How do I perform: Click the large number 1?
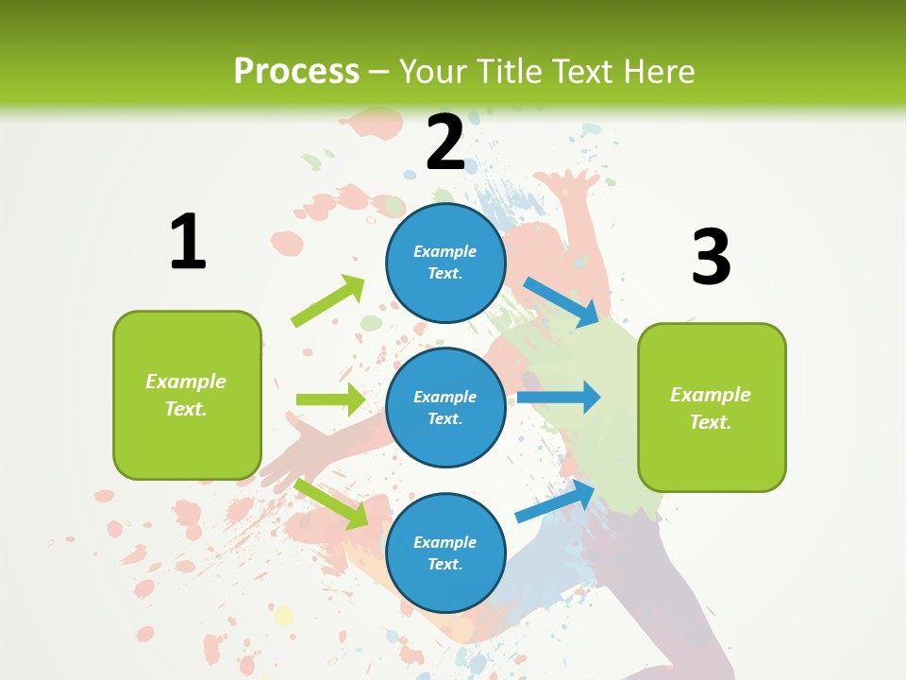pyautogui.click(x=188, y=242)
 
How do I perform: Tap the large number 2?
pyautogui.click(x=445, y=143)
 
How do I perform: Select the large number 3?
pyautogui.click(x=711, y=257)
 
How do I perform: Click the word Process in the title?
pyautogui.click(x=296, y=71)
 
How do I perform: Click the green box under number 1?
pyautogui.click(x=187, y=395)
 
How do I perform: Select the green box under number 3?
pyautogui.click(x=712, y=407)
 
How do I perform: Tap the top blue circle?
pyautogui.click(x=445, y=262)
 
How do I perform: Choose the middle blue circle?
pyautogui.click(x=445, y=407)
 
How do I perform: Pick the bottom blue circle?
pyautogui.click(x=445, y=552)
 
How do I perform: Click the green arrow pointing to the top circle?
pyautogui.click(x=328, y=301)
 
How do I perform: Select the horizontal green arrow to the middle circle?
pyautogui.click(x=330, y=399)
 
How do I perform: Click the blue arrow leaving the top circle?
pyautogui.click(x=562, y=301)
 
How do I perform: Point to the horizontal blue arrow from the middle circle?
pyautogui.click(x=559, y=397)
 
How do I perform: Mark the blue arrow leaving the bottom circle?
pyautogui.click(x=556, y=501)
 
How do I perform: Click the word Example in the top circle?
pyautogui.click(x=445, y=251)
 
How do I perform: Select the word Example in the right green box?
pyautogui.click(x=711, y=395)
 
